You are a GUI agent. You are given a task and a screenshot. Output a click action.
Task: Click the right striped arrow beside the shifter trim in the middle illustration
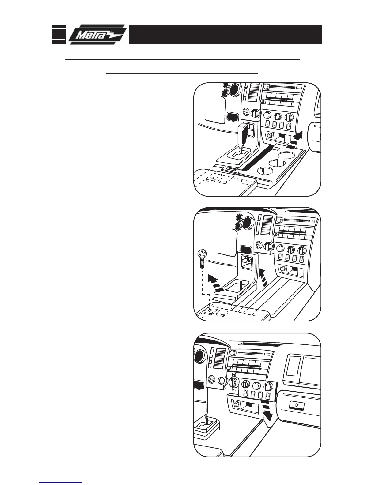(x=262, y=277)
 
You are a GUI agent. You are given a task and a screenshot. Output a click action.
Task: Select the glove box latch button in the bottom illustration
(x=296, y=406)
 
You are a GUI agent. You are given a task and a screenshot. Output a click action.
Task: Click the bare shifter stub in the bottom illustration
(x=206, y=420)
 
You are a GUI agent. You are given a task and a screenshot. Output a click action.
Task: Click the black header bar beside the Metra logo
(x=225, y=34)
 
